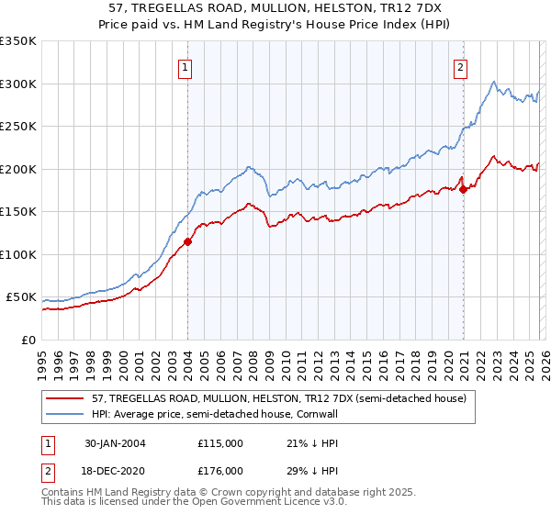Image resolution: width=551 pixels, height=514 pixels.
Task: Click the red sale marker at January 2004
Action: click(187, 242)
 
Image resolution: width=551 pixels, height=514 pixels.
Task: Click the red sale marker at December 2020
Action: click(464, 190)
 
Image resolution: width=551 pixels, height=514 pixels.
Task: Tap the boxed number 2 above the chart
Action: click(459, 66)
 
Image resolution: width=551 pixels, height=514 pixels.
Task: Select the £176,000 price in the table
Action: click(220, 470)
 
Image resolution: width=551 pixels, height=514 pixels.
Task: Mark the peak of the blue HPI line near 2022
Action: click(495, 81)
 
